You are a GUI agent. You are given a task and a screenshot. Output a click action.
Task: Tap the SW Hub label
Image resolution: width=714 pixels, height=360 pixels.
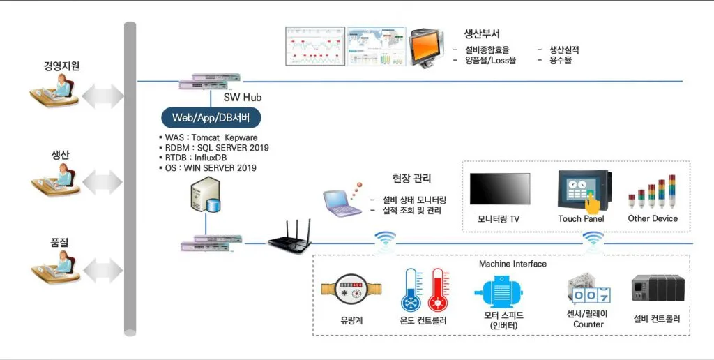(x=242, y=98)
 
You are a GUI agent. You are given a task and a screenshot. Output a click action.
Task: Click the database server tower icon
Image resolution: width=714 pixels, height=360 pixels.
(x=205, y=197)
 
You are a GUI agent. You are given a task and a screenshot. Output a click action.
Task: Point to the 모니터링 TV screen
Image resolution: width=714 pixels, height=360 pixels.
(x=499, y=189)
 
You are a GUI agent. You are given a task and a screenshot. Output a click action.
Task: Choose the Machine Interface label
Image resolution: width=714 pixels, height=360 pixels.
(x=512, y=264)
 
